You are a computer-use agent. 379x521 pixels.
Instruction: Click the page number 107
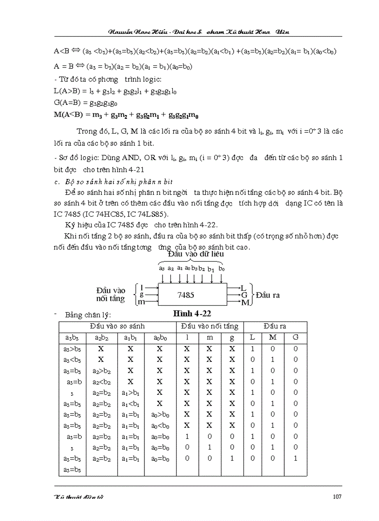(x=337, y=496)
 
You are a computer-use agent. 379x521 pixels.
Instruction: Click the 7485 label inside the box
(x=186, y=295)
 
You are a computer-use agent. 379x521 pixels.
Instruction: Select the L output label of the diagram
(x=243, y=288)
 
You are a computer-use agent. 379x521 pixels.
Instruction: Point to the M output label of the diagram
(x=244, y=302)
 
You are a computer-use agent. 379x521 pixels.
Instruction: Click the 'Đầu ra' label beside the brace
(x=268, y=295)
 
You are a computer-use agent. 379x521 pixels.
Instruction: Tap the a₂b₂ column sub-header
(x=101, y=337)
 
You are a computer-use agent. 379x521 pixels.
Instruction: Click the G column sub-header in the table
(x=295, y=337)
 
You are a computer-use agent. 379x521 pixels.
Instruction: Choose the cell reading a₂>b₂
(x=101, y=370)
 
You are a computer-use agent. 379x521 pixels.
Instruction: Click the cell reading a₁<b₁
(x=131, y=403)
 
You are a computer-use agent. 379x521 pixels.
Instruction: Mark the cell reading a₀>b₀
(x=159, y=414)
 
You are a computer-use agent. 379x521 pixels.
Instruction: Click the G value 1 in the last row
(x=295, y=458)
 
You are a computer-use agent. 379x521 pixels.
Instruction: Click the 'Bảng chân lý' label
(x=88, y=315)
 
